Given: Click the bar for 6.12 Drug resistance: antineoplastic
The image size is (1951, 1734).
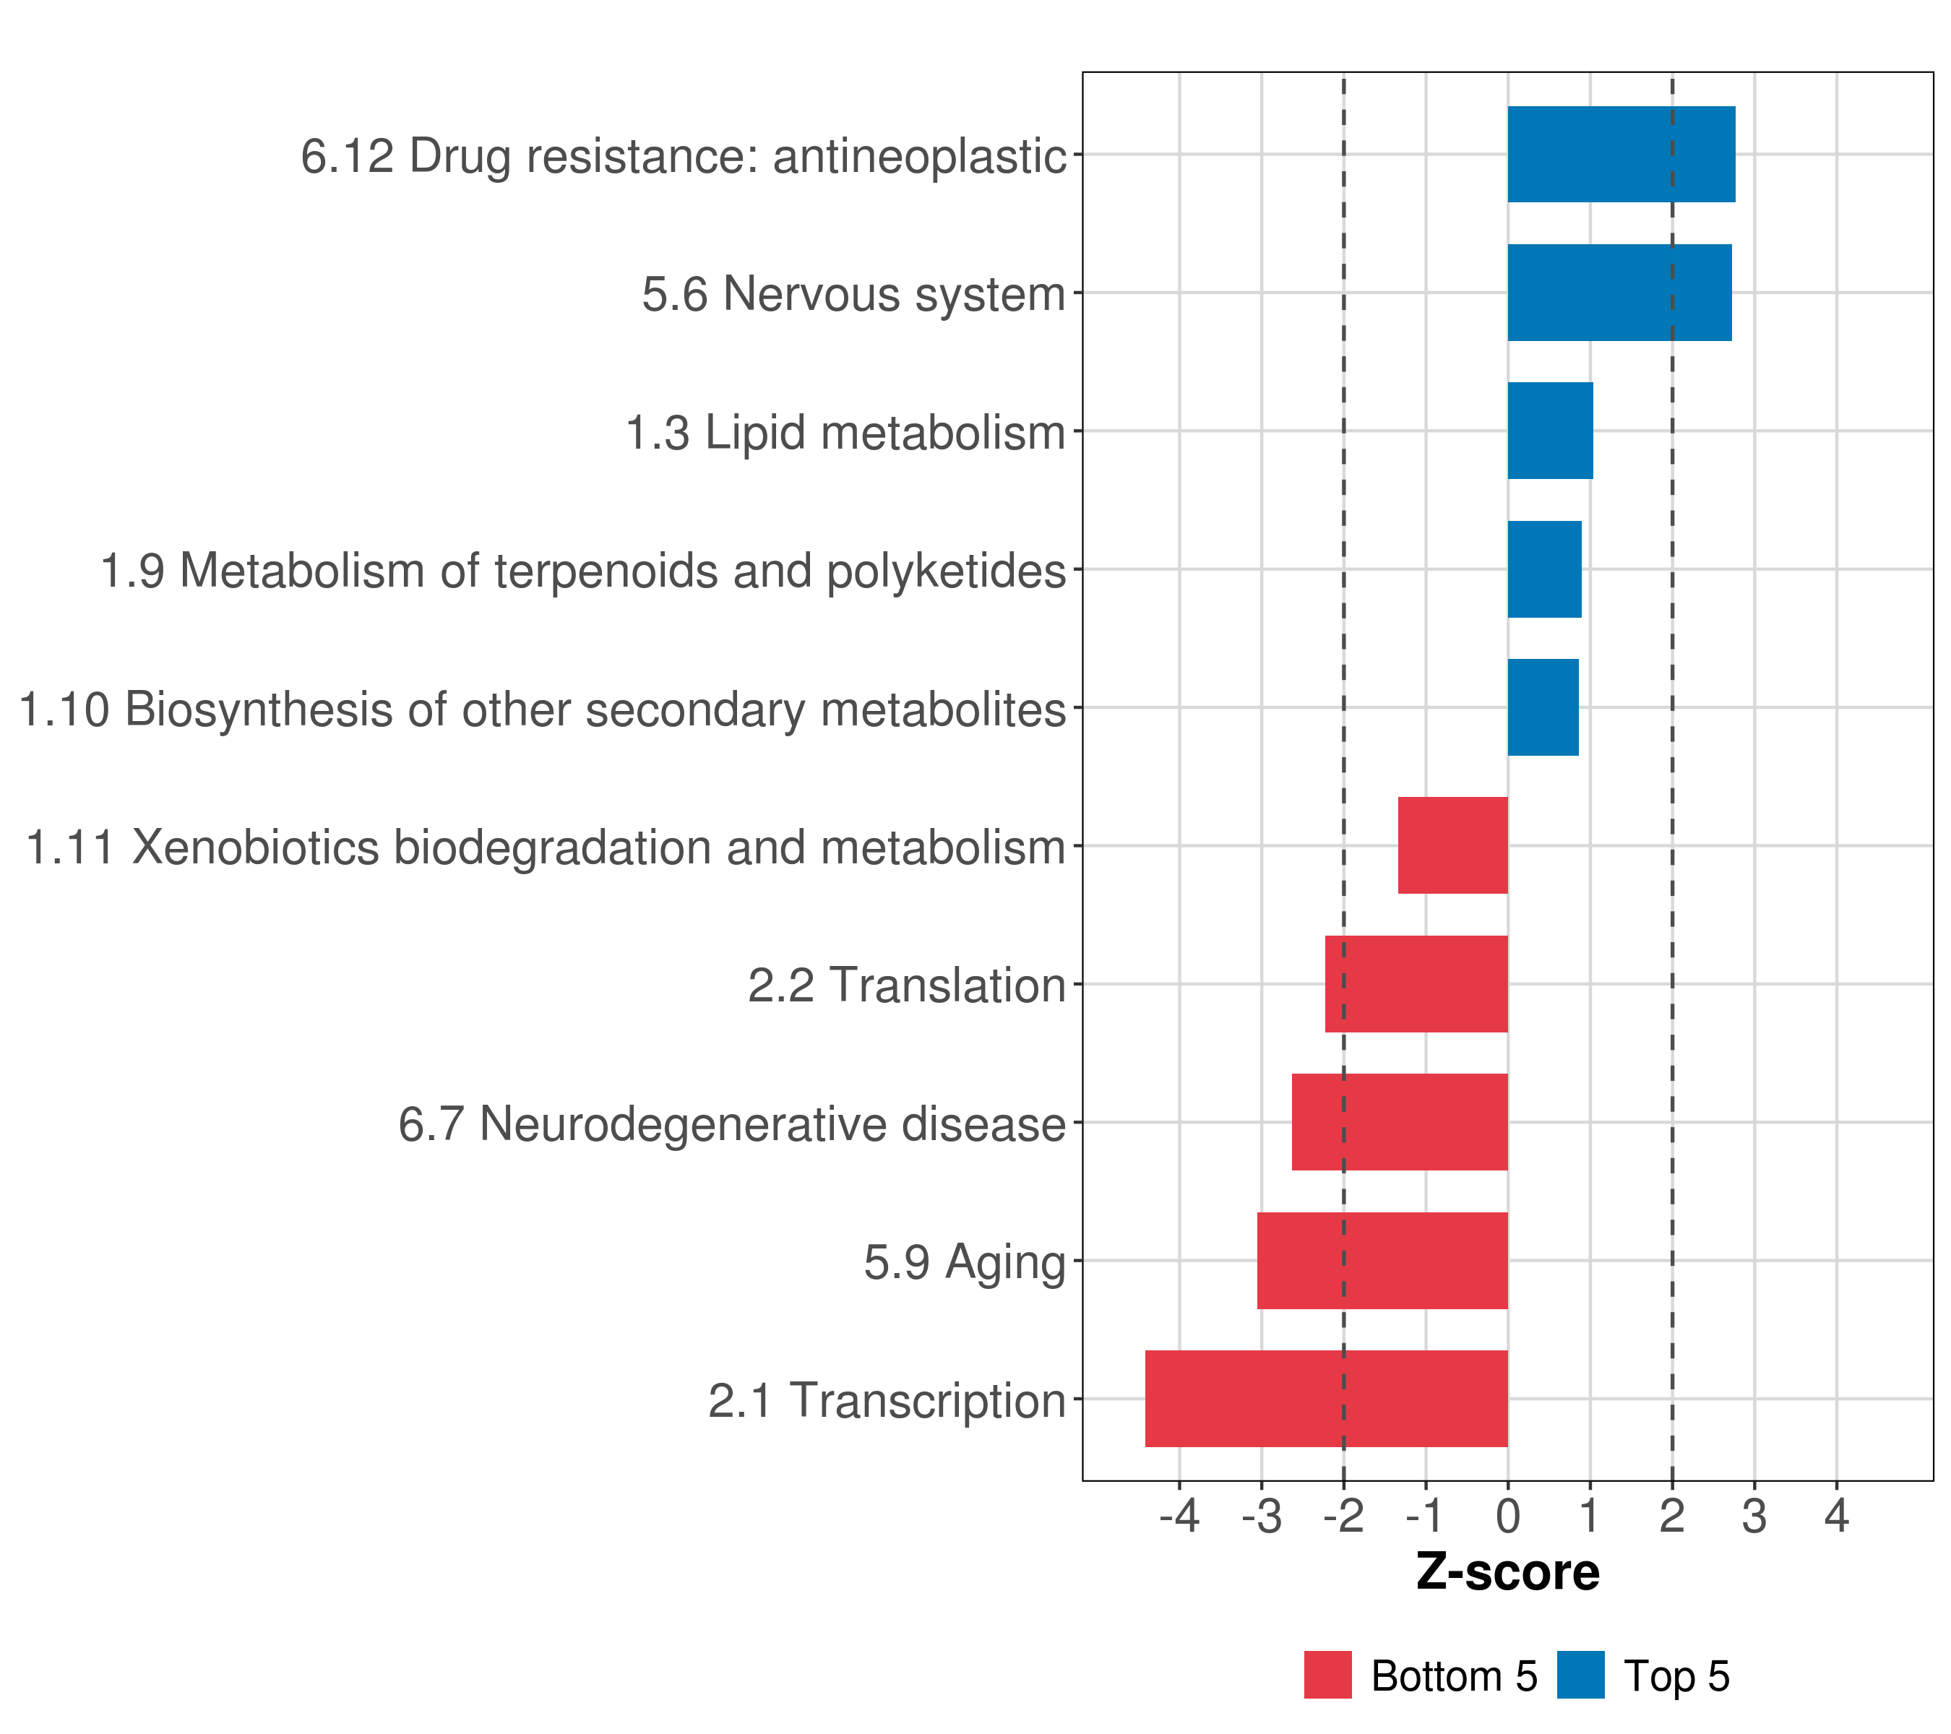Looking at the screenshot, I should [1621, 154].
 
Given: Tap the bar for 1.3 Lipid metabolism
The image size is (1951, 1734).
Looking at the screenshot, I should [1549, 431].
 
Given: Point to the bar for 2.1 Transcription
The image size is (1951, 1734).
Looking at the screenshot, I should [1326, 1399].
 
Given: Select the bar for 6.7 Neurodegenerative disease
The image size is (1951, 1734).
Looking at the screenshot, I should [1399, 1122].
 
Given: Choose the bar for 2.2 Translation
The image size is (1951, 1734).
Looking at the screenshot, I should [1416, 984].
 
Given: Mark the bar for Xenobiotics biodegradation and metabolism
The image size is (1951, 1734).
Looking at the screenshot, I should [1452, 845].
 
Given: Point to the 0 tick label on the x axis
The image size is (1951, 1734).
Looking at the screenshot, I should [1507, 1516].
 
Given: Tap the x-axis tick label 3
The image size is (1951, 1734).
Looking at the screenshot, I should [1754, 1516].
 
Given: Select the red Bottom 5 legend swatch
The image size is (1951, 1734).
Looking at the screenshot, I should [1327, 1675].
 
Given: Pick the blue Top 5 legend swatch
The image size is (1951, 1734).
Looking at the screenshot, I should [1580, 1675].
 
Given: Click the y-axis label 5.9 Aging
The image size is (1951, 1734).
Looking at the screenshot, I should [964, 1262].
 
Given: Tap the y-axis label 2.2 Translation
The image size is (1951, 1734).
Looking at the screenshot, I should [906, 985].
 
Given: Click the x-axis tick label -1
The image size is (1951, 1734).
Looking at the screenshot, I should [1425, 1516].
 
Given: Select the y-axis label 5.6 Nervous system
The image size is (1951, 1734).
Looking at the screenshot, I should [853, 294].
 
